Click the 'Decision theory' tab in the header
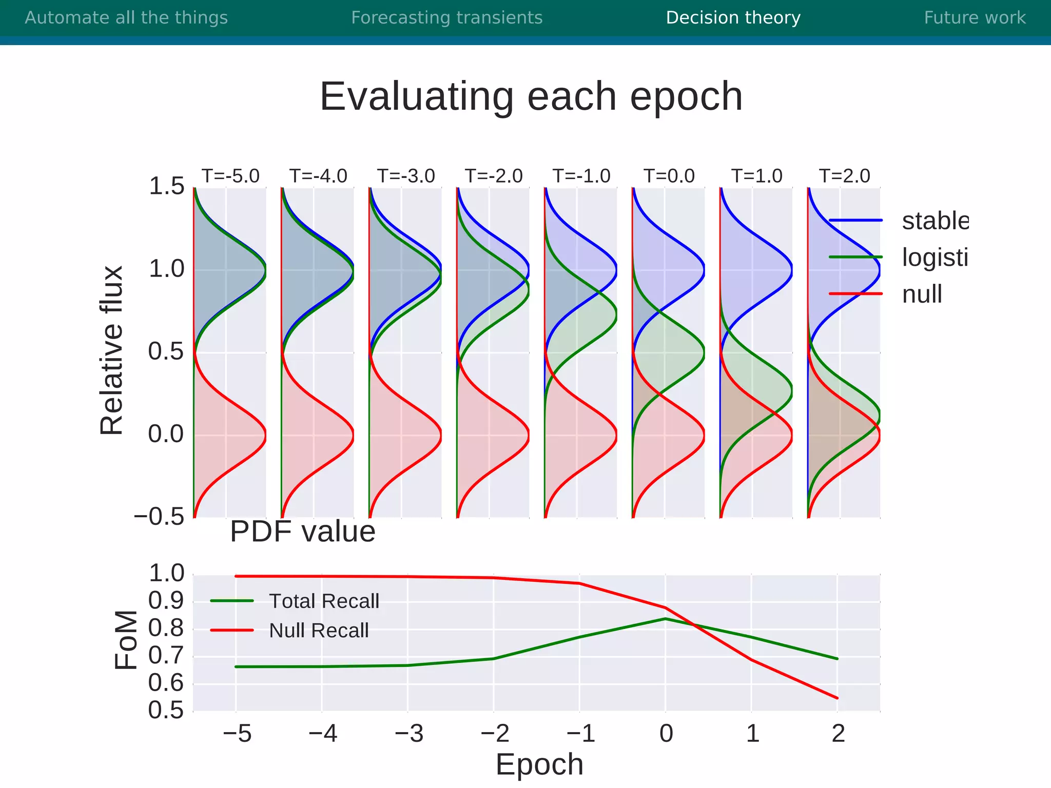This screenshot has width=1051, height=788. point(733,18)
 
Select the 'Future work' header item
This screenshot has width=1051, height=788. point(975,18)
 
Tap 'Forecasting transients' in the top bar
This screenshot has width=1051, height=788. point(446,18)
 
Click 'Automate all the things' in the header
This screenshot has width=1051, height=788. point(126,18)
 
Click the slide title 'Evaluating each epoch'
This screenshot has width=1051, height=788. point(531,96)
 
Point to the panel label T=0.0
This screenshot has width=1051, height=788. point(669,176)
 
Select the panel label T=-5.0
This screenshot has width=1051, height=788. point(230,176)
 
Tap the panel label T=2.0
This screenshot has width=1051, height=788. point(844,176)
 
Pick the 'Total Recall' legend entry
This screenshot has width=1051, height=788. point(324,601)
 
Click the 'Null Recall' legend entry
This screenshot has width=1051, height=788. point(319,631)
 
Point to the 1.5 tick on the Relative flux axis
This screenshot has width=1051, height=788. point(166,186)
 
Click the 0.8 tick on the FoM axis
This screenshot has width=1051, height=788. point(166,628)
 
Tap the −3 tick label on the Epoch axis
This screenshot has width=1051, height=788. point(408,734)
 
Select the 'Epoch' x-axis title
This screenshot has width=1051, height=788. point(539,764)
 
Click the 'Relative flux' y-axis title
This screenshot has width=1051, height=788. point(112,350)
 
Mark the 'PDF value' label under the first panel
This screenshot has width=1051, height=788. point(302,531)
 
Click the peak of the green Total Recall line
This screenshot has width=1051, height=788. point(665,619)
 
